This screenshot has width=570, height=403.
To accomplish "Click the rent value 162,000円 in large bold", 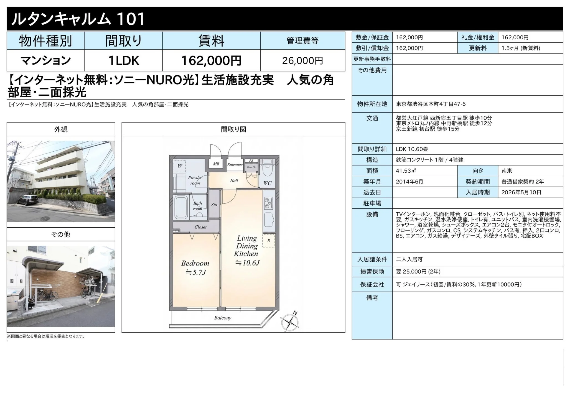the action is click(211, 60).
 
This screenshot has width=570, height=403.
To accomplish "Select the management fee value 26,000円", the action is click(302, 61).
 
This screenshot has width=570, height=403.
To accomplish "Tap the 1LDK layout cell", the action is click(124, 60).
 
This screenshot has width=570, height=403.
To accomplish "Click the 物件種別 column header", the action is click(45, 41).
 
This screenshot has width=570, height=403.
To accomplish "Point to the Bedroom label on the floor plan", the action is click(195, 263).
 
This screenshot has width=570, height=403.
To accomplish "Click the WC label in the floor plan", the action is click(267, 183).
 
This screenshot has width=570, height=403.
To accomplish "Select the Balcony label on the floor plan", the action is click(223, 318).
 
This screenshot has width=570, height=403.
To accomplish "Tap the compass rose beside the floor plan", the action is click(290, 322).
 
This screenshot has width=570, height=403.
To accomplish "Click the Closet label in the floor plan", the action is click(200, 227).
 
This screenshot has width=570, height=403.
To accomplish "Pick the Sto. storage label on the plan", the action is click(214, 205).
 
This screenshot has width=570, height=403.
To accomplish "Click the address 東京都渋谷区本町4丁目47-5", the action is click(431, 104).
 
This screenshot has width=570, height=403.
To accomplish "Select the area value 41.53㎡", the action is click(406, 171).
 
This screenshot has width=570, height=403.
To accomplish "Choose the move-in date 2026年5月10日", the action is click(521, 192).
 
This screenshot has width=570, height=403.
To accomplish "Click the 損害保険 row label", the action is click(372, 272).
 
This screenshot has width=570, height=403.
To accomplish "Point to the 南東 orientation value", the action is click(507, 171).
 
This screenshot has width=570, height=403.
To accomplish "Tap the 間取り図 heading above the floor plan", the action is click(233, 129).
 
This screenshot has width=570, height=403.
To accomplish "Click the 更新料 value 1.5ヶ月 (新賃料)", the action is click(521, 48).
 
